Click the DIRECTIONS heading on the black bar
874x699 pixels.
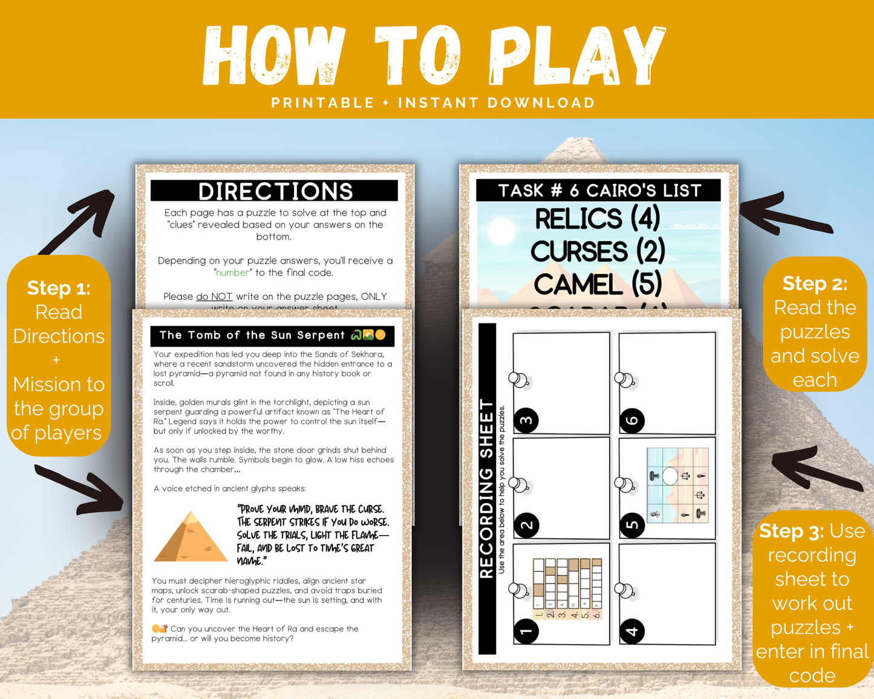(x=275, y=191)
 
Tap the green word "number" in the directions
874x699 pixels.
(x=233, y=273)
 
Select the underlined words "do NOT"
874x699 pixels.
(x=214, y=297)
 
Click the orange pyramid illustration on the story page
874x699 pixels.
(x=191, y=537)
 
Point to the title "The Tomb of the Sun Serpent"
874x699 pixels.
(x=252, y=335)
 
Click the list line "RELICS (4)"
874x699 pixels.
(x=598, y=218)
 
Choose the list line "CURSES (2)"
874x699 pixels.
(x=598, y=251)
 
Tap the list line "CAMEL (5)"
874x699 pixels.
(x=598, y=284)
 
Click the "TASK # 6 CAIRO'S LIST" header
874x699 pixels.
(x=599, y=190)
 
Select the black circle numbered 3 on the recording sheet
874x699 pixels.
(x=526, y=420)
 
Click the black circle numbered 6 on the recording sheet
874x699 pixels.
(x=632, y=420)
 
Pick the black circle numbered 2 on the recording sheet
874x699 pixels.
(x=526, y=525)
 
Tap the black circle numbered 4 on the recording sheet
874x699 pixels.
(x=632, y=631)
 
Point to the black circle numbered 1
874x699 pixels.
(x=526, y=631)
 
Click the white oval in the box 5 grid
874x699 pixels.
(x=670, y=476)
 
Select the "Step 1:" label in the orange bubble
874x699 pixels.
(x=59, y=288)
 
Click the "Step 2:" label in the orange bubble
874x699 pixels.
(x=815, y=283)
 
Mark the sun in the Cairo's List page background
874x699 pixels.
(x=501, y=231)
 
